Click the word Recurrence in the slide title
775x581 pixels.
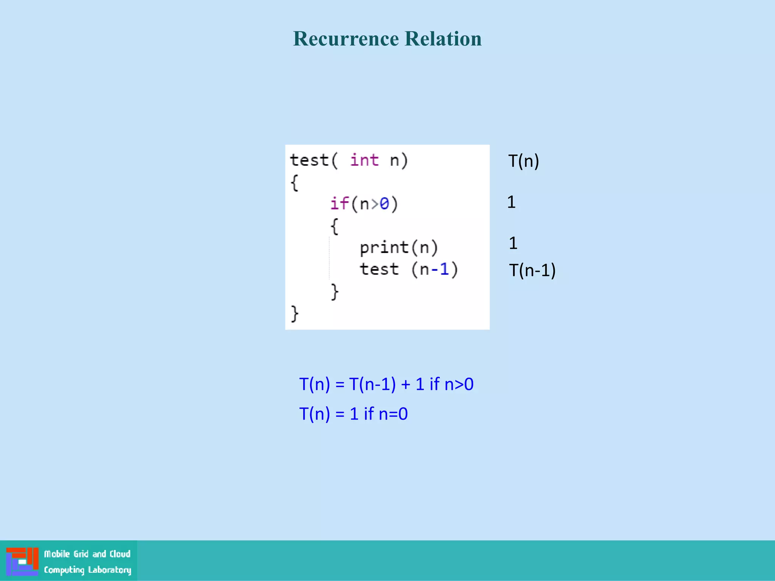click(346, 39)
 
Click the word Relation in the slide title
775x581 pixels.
click(443, 39)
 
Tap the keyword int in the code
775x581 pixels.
click(364, 160)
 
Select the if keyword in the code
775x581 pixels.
click(339, 204)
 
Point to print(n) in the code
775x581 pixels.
click(398, 248)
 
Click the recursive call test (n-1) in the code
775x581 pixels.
click(409, 270)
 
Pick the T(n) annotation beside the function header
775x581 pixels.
click(523, 161)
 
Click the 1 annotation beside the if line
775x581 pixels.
click(511, 202)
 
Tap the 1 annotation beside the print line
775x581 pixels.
click(513, 243)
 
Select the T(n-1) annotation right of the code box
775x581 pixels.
click(532, 270)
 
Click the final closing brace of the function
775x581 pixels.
click(294, 314)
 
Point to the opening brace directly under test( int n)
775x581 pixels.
click(294, 183)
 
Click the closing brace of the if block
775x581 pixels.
click(335, 292)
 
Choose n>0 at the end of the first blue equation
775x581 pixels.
click(459, 384)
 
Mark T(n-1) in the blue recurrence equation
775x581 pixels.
click(372, 384)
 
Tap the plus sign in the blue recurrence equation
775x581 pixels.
click(406, 385)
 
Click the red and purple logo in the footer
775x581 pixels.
click(22, 561)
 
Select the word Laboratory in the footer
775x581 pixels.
click(109, 570)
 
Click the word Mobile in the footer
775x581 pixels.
click(57, 554)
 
